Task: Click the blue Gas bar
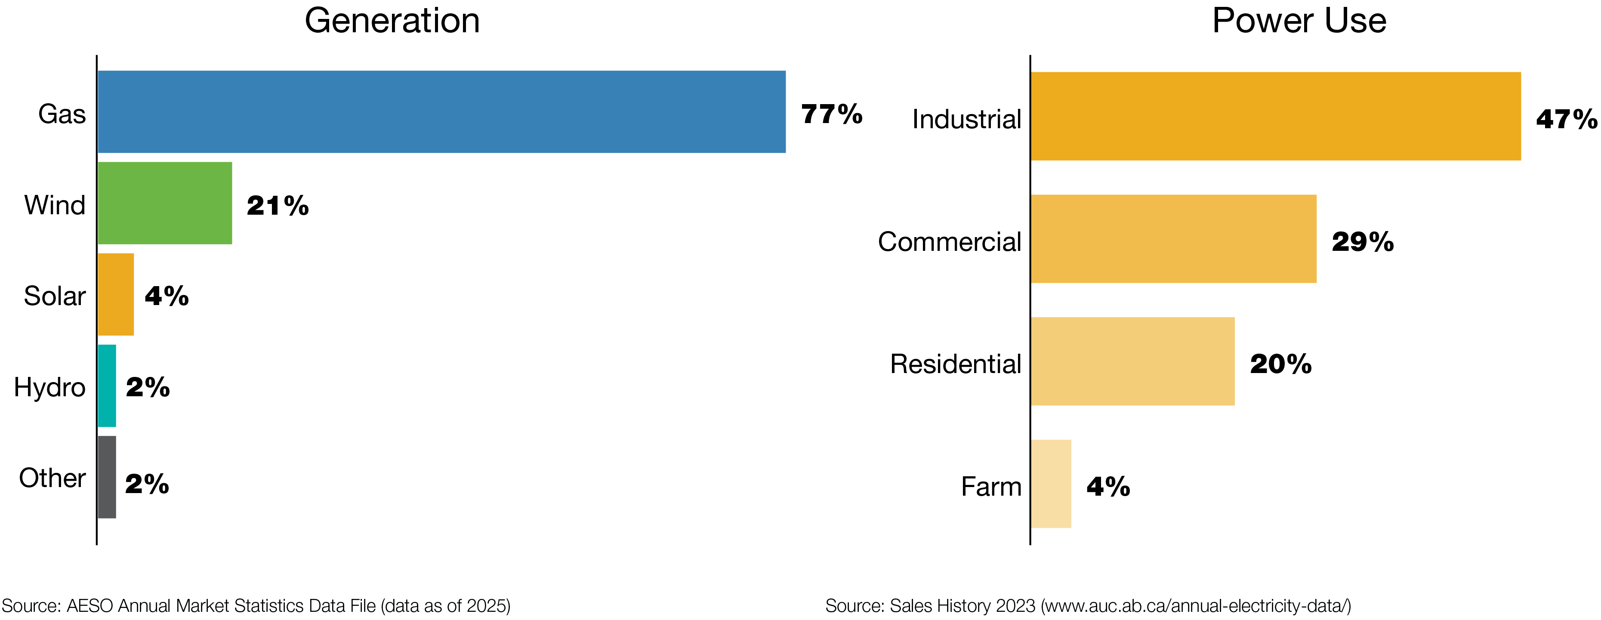coord(441,112)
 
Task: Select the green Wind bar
coord(165,203)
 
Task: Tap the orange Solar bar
coord(116,294)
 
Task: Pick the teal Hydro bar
coord(107,386)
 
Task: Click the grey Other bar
coord(107,477)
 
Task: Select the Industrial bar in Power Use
coord(1275,116)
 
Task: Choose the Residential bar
coord(1132,361)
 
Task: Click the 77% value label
coord(832,114)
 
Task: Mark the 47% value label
coord(1566,119)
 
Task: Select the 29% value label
coord(1362,242)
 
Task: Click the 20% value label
coord(1280,364)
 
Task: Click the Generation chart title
coord(392,21)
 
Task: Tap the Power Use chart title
coord(1299,21)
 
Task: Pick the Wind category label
coord(55,205)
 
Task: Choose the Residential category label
coord(955,364)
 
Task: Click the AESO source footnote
coord(256,606)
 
